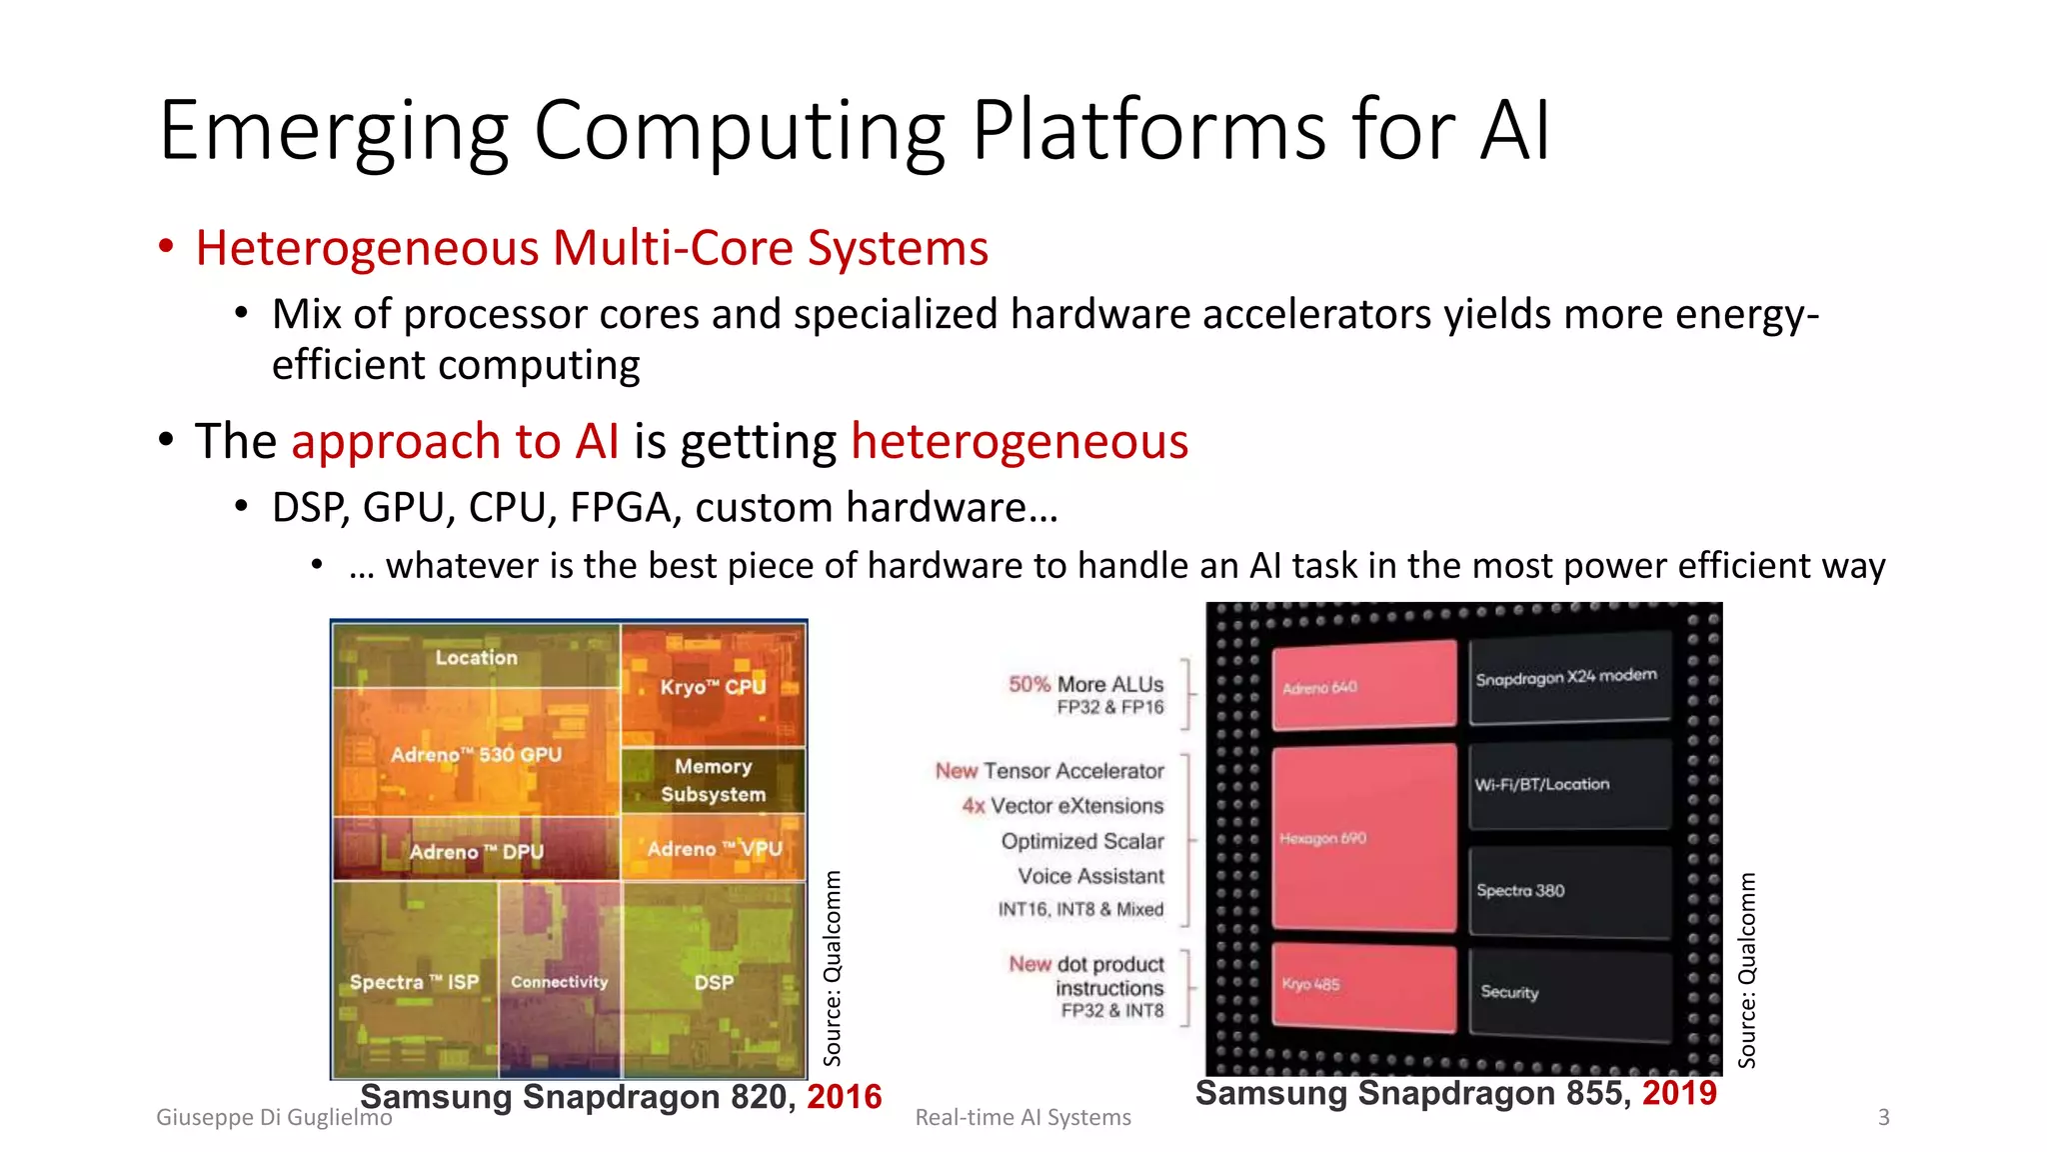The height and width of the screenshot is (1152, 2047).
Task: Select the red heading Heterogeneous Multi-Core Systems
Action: (592, 248)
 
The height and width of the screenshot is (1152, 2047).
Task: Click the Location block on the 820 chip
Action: (476, 657)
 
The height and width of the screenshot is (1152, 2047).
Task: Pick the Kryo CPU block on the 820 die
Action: (712, 686)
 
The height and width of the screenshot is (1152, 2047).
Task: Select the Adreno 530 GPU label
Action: (476, 755)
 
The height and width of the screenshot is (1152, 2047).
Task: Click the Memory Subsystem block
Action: (713, 780)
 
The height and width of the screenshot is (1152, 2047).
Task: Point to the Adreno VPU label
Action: (714, 849)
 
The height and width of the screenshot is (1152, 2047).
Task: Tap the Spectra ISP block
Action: (414, 982)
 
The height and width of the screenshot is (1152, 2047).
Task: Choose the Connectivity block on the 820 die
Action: (559, 982)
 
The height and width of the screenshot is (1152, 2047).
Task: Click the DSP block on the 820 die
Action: (714, 982)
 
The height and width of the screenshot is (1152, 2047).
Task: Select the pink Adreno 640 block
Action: (1363, 686)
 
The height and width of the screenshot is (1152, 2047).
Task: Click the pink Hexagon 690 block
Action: (1363, 838)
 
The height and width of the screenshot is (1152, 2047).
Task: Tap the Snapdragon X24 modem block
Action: (1567, 677)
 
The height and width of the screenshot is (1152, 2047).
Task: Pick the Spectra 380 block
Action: (1567, 890)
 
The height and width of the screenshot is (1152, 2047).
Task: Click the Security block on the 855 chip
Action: (1567, 992)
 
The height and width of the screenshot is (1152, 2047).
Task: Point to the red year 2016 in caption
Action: (845, 1097)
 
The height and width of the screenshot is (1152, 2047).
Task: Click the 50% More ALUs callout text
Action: (1086, 685)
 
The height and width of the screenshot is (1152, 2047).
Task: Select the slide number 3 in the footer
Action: (1883, 1117)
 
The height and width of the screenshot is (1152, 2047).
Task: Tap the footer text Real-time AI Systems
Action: (1023, 1117)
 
